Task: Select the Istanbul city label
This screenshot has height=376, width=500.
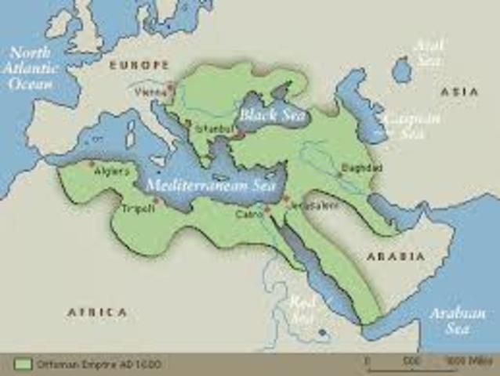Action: (x=212, y=125)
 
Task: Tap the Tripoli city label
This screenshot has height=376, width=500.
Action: (x=137, y=208)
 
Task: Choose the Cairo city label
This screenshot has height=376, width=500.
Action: (x=249, y=212)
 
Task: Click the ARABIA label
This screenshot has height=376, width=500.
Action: (x=395, y=256)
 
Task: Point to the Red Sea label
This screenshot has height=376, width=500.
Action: (x=303, y=306)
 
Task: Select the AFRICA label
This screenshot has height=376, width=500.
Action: (x=96, y=312)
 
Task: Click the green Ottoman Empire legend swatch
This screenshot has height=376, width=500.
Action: (x=23, y=364)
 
